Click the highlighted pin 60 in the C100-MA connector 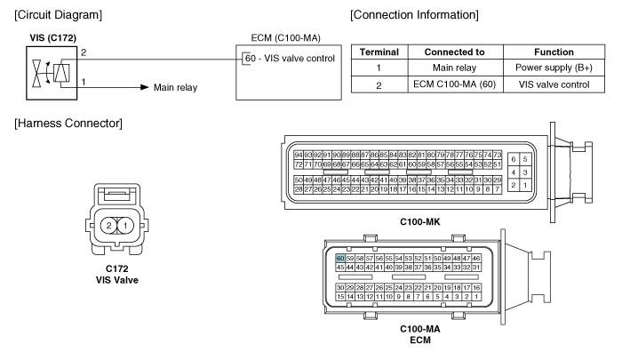tap(340, 259)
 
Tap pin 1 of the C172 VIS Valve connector tap(125, 226)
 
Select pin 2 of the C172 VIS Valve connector tap(108, 226)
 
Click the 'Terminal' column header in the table tap(379, 52)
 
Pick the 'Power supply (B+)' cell tap(554, 68)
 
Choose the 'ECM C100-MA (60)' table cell tap(455, 84)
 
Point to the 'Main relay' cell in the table tap(455, 68)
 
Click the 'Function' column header tap(554, 52)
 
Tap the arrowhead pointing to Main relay tap(145, 87)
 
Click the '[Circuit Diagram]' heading tap(59, 15)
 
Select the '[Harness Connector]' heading tap(68, 124)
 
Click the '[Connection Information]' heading tap(415, 15)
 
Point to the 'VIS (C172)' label tap(53, 38)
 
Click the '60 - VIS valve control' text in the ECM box tap(290, 59)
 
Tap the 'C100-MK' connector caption tap(420, 222)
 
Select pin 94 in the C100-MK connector tap(299, 155)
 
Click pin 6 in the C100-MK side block tap(514, 159)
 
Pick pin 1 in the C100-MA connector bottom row tap(476, 297)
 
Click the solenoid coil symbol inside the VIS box tap(62, 73)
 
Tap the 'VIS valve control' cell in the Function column tap(554, 84)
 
